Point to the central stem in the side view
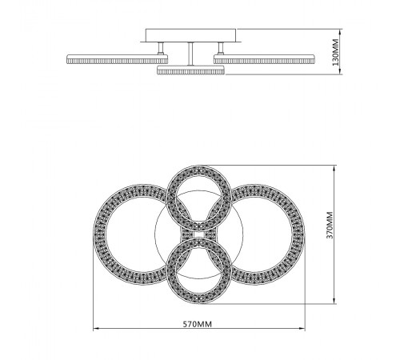[190, 54]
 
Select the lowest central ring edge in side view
[190, 71]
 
